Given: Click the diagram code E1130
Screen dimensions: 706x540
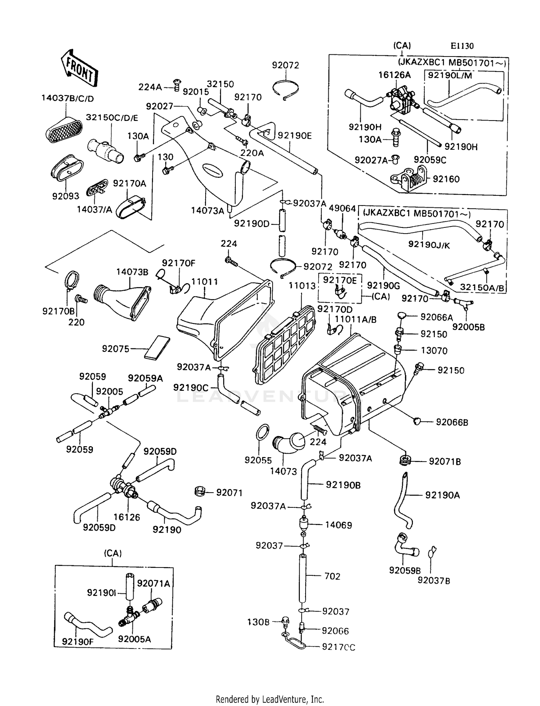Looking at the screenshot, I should point(462,46).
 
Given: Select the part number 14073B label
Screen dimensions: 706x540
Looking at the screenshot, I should point(132,272).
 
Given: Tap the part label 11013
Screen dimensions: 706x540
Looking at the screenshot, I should point(302,286).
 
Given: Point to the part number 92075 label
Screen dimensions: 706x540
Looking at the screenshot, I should point(116,349).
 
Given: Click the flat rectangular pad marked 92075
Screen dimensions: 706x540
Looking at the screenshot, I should point(157,347).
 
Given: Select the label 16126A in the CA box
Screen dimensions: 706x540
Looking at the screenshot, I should point(394,75).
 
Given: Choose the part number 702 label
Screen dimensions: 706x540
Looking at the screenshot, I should point(332,576).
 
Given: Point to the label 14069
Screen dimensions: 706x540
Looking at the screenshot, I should point(338,525).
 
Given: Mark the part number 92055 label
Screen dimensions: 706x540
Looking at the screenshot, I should point(258,460).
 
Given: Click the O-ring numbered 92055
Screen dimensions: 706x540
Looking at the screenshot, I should point(263,431).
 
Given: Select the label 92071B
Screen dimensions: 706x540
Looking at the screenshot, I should point(445,462).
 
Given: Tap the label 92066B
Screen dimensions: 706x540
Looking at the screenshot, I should point(452,422).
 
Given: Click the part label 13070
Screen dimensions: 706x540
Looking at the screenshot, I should point(434,351).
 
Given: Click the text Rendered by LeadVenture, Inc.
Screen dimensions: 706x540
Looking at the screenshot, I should point(270,699).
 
